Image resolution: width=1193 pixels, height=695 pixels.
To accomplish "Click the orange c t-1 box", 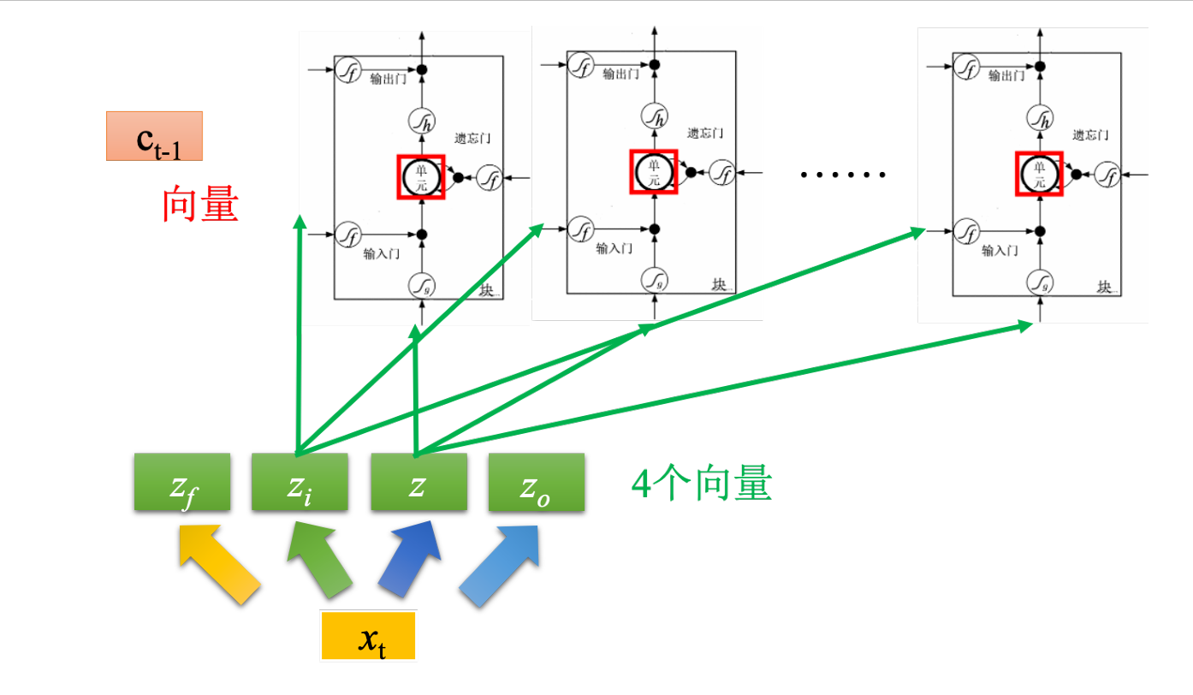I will pyautogui.click(x=154, y=136).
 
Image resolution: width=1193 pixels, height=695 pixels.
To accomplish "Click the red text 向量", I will pyautogui.click(x=200, y=205).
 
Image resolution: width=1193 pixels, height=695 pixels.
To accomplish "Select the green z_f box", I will pyautogui.click(x=182, y=483).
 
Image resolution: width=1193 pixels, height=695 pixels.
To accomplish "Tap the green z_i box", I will pyautogui.click(x=300, y=483).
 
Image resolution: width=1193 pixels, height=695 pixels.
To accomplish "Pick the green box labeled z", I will pyautogui.click(x=418, y=483).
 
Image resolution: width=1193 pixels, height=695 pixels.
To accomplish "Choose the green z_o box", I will pyautogui.click(x=537, y=483).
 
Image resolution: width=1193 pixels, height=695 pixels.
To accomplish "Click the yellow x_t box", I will pyautogui.click(x=368, y=635).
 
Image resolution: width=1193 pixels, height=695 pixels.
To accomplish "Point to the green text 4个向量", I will pyautogui.click(x=701, y=484).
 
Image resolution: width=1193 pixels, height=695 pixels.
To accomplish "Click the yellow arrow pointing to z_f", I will pyautogui.click(x=217, y=565).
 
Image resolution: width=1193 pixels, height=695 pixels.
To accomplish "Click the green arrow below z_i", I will pyautogui.click(x=318, y=565).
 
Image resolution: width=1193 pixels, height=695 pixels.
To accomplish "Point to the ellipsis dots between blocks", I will pyautogui.click(x=842, y=175).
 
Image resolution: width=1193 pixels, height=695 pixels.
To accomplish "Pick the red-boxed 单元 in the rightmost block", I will pyautogui.click(x=1039, y=174).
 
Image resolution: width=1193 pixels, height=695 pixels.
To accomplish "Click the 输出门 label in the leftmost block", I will pyautogui.click(x=389, y=79).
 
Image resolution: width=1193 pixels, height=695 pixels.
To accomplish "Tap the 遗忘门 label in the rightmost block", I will pyautogui.click(x=1091, y=134).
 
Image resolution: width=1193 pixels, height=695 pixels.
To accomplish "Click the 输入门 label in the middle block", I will pyautogui.click(x=614, y=248).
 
